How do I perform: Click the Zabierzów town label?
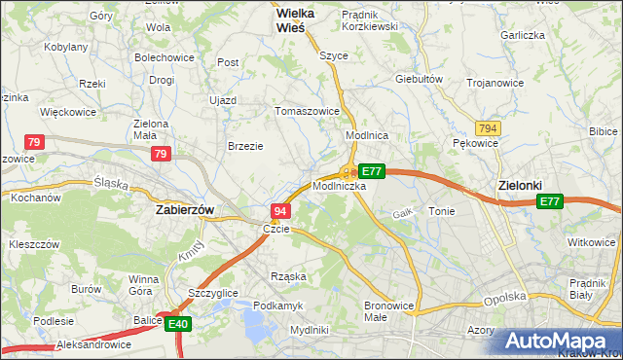[x=185, y=209]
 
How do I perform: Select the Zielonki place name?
[x=519, y=184]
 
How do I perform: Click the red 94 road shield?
[x=280, y=211]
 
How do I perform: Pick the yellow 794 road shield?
[x=489, y=128]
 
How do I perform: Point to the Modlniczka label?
[x=340, y=185]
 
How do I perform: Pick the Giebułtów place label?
[x=420, y=79]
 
